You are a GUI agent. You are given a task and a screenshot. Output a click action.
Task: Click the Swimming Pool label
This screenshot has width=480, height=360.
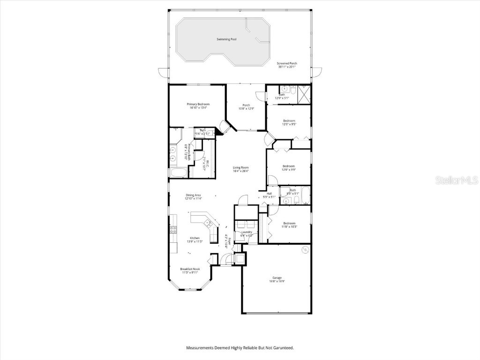tap(226, 39)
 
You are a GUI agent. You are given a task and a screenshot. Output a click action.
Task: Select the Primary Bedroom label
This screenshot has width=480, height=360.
tap(198, 104)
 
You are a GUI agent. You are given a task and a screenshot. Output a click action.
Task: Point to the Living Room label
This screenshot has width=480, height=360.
tap(241, 167)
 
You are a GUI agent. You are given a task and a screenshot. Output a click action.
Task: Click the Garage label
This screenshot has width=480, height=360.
tap(277, 277)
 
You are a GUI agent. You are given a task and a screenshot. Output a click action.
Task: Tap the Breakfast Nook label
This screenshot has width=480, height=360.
tap(189, 269)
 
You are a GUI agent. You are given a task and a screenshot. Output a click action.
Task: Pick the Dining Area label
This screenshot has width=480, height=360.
tap(194, 195)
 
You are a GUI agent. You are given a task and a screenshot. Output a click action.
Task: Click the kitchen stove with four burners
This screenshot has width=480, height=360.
tap(172, 230)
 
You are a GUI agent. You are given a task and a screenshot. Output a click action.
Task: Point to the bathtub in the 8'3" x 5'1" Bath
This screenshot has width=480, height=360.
tap(305, 196)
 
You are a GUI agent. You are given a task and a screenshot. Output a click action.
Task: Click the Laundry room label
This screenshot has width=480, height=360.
tap(247, 232)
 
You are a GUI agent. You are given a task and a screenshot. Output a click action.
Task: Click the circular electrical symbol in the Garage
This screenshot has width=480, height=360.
tap(305, 249)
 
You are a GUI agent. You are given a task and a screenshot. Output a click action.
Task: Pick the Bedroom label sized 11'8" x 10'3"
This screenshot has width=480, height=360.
tap(289, 223)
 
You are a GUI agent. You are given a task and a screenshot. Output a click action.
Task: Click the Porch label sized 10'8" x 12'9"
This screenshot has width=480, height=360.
tap(246, 105)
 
